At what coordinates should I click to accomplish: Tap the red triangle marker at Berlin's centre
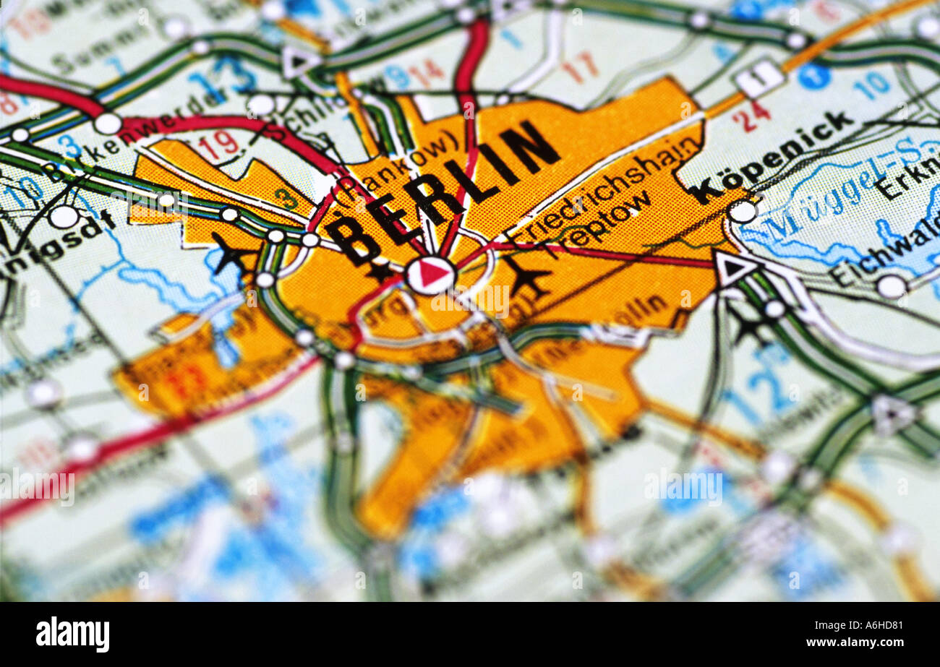[430, 275]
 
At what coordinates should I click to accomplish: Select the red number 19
[218, 145]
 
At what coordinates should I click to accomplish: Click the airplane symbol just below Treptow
[526, 275]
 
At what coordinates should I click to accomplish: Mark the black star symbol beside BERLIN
[379, 272]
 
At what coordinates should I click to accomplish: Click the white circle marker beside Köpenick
[742, 211]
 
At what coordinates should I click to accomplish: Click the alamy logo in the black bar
[72, 634]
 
